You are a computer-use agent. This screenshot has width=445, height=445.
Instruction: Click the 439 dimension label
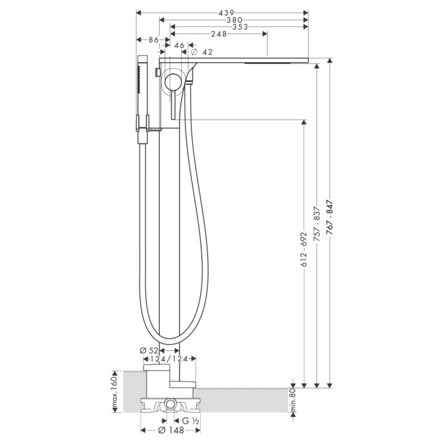click(226, 13)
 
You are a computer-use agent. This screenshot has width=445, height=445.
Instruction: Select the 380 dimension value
click(234, 20)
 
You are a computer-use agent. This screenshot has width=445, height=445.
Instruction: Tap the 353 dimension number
click(240, 27)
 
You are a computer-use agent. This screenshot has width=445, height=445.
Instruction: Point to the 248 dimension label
click(219, 34)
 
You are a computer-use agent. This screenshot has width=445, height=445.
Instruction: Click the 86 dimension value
click(154, 40)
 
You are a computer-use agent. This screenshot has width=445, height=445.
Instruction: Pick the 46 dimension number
click(180, 46)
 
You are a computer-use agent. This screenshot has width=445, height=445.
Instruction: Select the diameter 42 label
click(202, 52)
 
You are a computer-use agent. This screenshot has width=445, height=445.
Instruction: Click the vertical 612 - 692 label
click(304, 249)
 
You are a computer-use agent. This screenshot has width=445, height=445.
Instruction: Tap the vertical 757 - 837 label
click(317, 224)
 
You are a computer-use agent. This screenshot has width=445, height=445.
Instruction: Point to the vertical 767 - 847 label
click(329, 218)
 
